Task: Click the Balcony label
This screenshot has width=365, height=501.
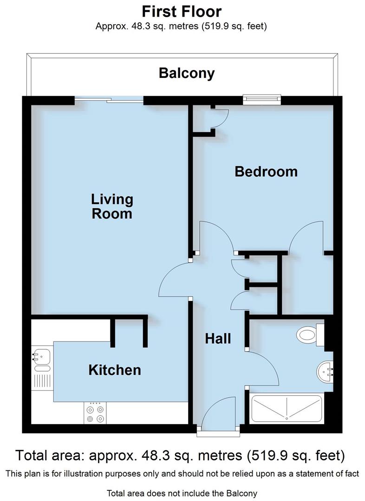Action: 187,73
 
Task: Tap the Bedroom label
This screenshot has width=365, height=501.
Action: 266,172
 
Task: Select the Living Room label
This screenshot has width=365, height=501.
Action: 112,206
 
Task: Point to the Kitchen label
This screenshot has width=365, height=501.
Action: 115,370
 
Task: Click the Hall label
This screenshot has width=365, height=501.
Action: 218,339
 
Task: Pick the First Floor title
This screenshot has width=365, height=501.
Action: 182,11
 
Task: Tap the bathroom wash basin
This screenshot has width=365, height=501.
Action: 325,371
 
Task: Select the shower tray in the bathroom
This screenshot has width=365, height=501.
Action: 287,409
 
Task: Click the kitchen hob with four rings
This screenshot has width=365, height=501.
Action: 94,412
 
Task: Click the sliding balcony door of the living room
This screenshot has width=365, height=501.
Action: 110,98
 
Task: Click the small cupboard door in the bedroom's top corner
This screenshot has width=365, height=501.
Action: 220,118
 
